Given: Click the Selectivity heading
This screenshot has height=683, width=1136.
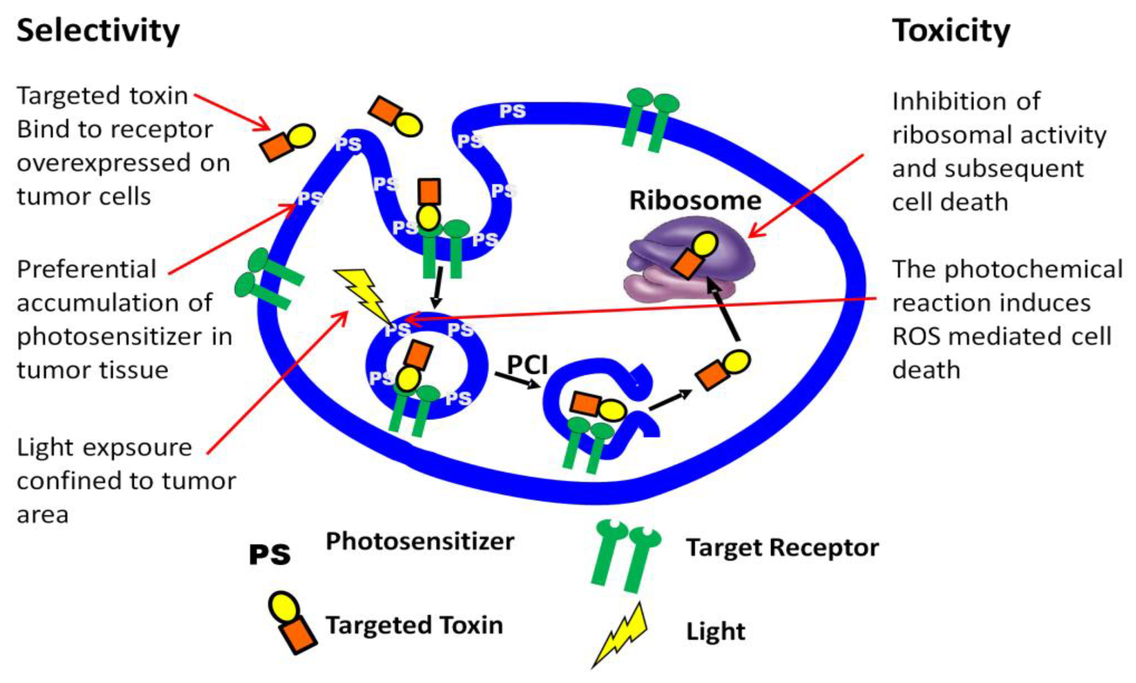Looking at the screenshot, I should tap(98, 31).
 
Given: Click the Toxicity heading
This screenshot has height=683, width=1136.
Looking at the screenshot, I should tap(951, 31).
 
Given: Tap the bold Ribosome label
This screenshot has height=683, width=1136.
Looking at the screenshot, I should tap(695, 201).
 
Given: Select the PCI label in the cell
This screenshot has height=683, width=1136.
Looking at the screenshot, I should tap(528, 365).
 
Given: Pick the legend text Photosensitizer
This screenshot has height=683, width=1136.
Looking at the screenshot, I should tap(420, 541).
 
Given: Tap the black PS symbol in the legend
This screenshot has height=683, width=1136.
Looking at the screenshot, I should tap(270, 555).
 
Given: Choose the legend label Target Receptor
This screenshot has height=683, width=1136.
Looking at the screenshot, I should tap(782, 548).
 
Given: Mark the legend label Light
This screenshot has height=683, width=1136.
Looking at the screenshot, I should tap(715, 631).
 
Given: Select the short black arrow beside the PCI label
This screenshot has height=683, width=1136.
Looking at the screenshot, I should tap(517, 380).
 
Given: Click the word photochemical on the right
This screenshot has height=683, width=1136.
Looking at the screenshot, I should tap(1033, 270).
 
